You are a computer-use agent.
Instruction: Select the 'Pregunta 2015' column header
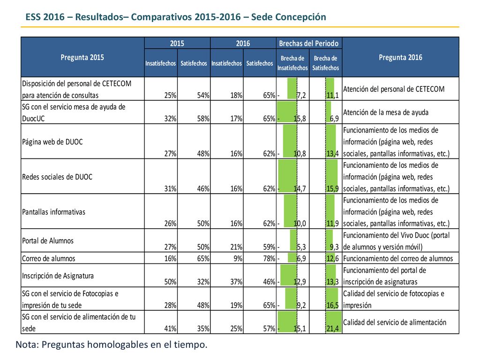click(82, 57)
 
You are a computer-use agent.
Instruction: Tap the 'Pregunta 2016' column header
click(400, 57)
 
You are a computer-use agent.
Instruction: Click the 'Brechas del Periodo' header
click(309, 44)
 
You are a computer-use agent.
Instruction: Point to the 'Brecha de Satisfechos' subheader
click(326, 63)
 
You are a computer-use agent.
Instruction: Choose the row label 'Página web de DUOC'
click(52, 142)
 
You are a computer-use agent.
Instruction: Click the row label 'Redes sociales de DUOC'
click(57, 177)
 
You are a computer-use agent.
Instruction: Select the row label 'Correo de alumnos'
click(49, 258)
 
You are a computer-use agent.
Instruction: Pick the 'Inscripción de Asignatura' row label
click(58, 276)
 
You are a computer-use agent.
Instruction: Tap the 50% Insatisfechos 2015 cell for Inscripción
click(170, 282)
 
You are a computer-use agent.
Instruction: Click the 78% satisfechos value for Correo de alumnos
click(269, 258)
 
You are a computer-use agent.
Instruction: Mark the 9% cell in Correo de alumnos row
click(238, 258)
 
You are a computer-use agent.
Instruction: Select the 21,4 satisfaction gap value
click(333, 329)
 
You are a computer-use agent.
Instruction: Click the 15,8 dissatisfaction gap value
click(300, 119)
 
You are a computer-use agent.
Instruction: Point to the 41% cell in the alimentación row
click(170, 329)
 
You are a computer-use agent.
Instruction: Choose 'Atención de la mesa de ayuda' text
click(386, 112)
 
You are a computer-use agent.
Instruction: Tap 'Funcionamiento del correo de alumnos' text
click(398, 258)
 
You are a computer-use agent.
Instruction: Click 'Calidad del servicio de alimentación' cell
click(395, 322)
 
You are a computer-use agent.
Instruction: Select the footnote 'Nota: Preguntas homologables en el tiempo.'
click(112, 345)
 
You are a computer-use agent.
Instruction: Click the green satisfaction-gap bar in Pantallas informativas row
click(330, 211)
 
